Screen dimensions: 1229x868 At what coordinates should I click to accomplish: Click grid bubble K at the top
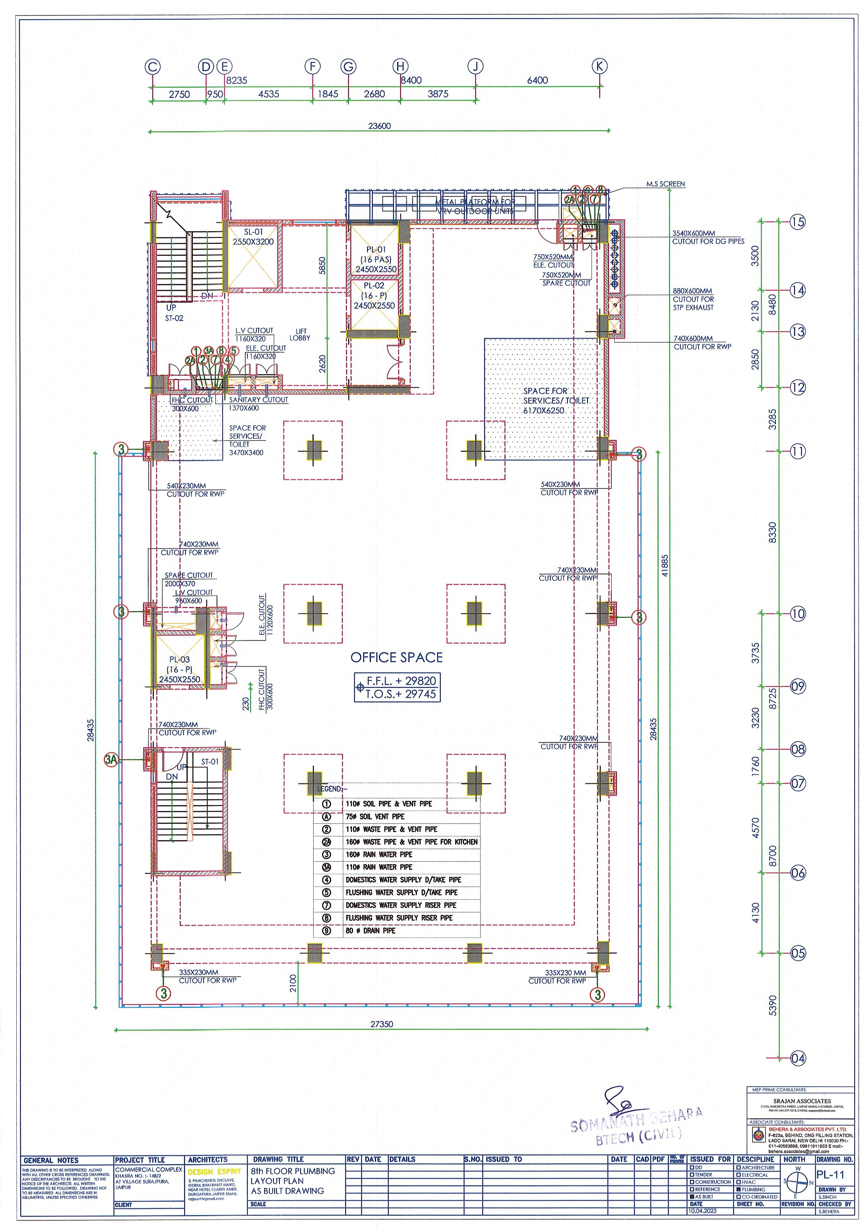pos(599,66)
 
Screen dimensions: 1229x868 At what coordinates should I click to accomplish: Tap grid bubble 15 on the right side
pos(797,222)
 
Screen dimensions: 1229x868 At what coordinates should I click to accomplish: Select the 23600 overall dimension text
pos(379,126)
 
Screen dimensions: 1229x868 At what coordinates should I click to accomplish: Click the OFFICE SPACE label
pos(396,657)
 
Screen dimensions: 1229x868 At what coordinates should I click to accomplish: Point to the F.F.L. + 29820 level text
pos(401,681)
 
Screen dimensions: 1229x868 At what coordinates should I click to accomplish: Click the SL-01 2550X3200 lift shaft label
pos(253,237)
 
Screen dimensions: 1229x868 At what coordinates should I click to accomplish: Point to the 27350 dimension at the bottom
pos(381,1024)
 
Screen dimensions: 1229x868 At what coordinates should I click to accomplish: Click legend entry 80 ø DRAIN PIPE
pos(370,930)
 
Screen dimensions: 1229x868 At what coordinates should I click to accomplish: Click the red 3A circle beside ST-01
pos(111,759)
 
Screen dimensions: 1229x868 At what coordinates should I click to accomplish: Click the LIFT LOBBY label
pos(299,334)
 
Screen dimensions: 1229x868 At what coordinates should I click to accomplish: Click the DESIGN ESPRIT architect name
pos(214,1172)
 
